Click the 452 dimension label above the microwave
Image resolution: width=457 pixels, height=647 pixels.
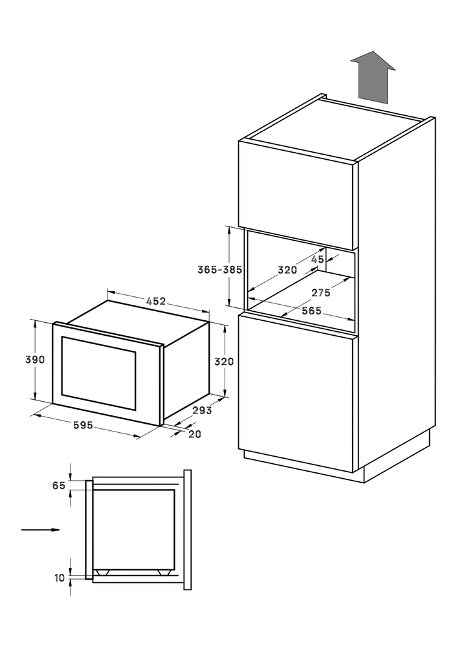coord(155,302)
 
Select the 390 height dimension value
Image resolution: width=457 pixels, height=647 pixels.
coord(35,359)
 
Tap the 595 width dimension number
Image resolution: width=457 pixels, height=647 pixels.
coord(83,425)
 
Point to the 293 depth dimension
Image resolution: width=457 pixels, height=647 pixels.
coord(202,410)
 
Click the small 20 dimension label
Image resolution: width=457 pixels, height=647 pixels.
coord(194,434)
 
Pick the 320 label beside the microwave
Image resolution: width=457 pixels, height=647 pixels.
coord(224,362)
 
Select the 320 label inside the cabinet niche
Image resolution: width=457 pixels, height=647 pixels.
coord(287,270)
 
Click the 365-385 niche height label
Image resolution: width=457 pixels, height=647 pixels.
coord(219,270)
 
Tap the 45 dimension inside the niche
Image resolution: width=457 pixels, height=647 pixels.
coord(317,259)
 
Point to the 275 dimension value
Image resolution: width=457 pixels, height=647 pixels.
coord(321,292)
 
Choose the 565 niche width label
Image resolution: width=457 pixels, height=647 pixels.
coord(311,311)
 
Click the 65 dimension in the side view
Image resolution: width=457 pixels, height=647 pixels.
coord(59,486)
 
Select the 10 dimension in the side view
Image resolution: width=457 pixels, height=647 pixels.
coord(60,578)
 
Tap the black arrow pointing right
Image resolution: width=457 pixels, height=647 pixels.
coord(41,530)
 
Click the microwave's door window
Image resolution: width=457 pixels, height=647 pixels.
coord(98,373)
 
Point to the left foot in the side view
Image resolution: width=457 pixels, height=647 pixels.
coord(103,572)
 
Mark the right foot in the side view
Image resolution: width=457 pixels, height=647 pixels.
coord(164,572)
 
